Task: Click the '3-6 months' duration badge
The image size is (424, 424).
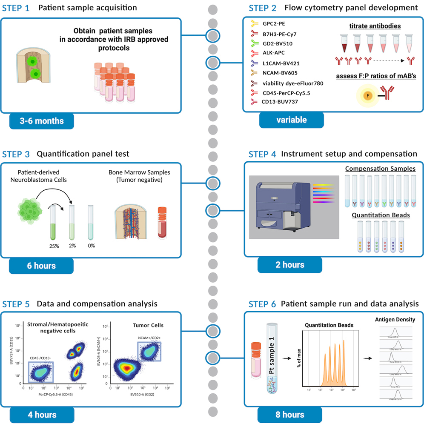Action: coord(41,121)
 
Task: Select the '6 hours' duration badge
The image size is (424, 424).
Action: coord(41,266)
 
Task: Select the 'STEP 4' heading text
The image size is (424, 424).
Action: coord(262,154)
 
